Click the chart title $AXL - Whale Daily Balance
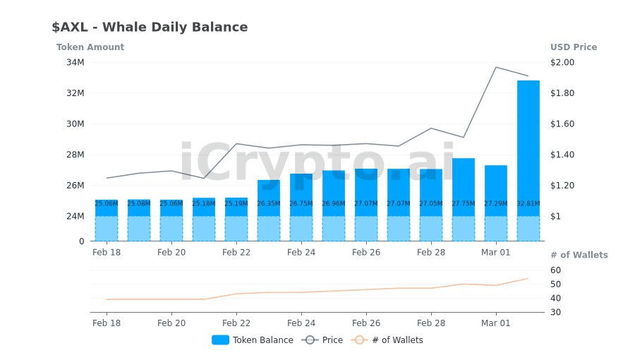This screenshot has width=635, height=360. (150, 28)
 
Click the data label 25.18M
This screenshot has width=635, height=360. (203, 203)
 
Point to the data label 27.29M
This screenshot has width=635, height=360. (495, 203)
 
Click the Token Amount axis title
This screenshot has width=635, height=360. (90, 47)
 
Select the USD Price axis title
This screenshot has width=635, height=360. (574, 47)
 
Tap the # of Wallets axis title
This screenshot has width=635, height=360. (579, 255)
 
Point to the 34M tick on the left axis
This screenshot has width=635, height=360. (75, 62)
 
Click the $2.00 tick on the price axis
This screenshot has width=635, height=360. (562, 62)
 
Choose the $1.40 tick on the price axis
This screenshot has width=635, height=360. (562, 155)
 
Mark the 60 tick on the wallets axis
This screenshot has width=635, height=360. (556, 270)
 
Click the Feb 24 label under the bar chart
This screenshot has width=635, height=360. (301, 252)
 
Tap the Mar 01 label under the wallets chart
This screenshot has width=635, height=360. (495, 323)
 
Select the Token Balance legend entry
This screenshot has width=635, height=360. (253, 340)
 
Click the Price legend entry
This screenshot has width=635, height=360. (322, 340)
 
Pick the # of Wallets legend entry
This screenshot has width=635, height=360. (388, 340)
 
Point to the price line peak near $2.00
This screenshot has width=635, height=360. (496, 67)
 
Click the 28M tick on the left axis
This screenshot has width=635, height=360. (75, 155)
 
